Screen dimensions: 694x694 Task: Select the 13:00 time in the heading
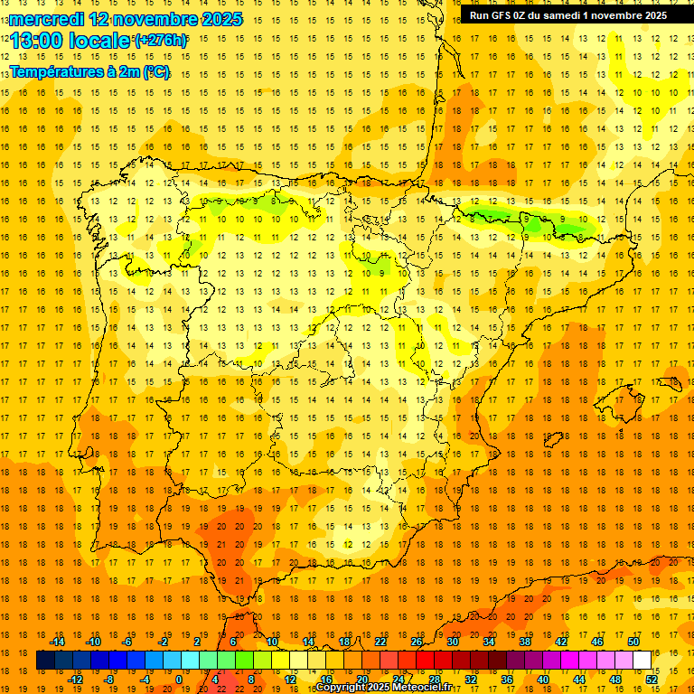click(x=36, y=41)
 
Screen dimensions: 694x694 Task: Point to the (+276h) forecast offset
click(x=161, y=41)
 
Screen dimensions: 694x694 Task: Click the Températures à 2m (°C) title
click(x=89, y=71)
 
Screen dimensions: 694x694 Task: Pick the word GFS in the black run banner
click(x=507, y=15)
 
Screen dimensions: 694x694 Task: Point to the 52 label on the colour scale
click(x=652, y=679)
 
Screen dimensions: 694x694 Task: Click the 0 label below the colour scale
click(x=179, y=679)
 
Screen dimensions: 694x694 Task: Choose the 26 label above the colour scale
click(x=417, y=642)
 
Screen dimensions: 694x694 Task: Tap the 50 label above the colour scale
click(x=633, y=642)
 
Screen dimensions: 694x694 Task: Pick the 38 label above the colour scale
click(x=525, y=642)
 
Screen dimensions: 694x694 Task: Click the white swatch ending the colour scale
click(x=642, y=661)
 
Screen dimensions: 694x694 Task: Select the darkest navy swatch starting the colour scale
click(x=45, y=661)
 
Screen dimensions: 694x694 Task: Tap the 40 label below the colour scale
click(x=543, y=679)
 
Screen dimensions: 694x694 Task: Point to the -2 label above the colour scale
click(x=163, y=642)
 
